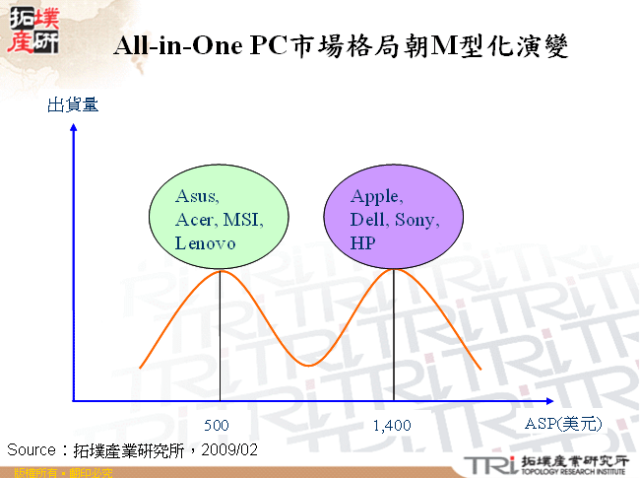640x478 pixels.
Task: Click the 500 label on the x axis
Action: (x=219, y=426)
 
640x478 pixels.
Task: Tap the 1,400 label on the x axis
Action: (x=392, y=426)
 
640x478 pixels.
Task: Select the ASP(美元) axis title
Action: (x=562, y=424)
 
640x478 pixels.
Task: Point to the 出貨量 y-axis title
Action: (x=73, y=104)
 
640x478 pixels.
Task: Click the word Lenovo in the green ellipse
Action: (x=206, y=242)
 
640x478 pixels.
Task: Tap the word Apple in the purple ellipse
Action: (x=376, y=195)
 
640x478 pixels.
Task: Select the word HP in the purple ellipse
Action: (x=363, y=242)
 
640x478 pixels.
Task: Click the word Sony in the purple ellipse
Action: (x=416, y=219)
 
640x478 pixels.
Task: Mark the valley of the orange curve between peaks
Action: (x=309, y=365)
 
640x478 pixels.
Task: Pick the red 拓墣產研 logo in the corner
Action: (x=32, y=30)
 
